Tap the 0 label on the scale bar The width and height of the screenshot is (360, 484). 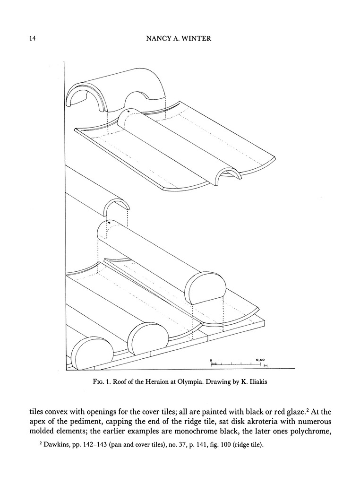211,360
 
